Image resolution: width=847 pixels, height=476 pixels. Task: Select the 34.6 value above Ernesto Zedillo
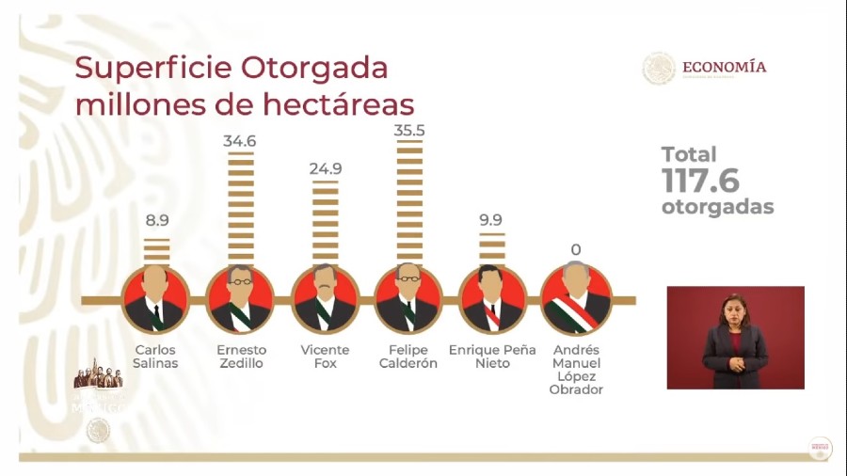[241, 141]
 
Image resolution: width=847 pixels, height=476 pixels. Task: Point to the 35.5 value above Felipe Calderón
[409, 131]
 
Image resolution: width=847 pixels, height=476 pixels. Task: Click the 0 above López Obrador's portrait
[576, 250]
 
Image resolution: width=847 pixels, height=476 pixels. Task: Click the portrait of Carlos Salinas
[156, 299]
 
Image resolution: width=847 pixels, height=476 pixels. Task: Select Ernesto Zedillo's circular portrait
[240, 299]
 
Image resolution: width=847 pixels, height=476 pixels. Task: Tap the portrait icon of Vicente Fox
[325, 299]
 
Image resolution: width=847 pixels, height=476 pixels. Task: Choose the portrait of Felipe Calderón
[408, 299]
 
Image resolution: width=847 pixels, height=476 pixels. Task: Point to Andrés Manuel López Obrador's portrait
[576, 299]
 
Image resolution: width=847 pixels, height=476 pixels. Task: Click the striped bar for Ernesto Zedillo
[241, 207]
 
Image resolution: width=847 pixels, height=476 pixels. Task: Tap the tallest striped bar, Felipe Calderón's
[409, 202]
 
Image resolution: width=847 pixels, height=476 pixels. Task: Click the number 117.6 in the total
[700, 181]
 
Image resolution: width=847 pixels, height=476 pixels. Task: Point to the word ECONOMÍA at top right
[724, 67]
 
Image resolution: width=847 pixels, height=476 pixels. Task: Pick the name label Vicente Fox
[325, 357]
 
